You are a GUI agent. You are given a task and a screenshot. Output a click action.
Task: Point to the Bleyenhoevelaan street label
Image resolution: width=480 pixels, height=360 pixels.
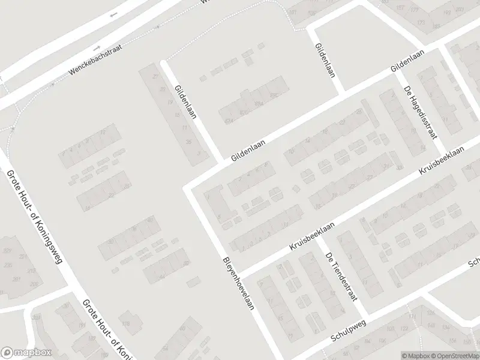click(239, 283)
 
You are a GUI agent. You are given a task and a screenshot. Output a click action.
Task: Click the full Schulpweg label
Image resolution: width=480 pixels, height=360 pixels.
click(348, 331)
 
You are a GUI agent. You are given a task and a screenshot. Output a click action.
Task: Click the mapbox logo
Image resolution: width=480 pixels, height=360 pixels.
click(26, 353)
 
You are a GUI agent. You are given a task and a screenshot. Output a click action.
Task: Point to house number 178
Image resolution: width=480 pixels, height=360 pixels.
click(126, 324)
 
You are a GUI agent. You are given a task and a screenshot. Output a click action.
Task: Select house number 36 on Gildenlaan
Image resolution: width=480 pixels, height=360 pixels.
click(188, 142)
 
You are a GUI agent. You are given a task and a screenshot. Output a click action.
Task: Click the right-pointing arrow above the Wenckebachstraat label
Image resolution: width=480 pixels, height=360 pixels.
click(96, 47)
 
